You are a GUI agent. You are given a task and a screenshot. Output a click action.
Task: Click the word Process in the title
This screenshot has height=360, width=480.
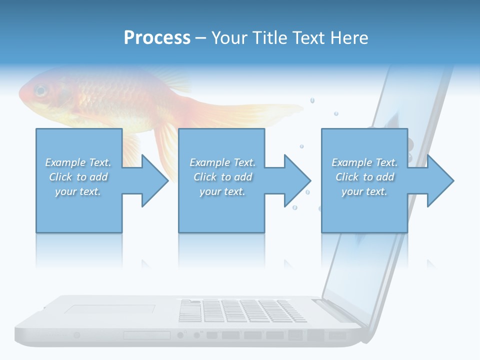(157, 38)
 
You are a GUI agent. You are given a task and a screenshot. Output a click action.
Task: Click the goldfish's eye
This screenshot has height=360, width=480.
(40, 91)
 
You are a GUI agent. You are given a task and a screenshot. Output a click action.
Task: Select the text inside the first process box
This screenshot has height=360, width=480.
(78, 177)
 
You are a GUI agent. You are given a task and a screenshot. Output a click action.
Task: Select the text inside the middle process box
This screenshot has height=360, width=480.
(222, 177)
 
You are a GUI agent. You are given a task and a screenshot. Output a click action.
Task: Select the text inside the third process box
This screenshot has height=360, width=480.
(364, 177)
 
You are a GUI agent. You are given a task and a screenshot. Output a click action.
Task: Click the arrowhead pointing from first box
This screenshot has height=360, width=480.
(154, 180)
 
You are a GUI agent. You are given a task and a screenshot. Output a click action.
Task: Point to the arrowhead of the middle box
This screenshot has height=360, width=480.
(297, 180)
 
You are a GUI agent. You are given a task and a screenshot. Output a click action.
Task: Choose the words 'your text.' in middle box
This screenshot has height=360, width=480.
(222, 191)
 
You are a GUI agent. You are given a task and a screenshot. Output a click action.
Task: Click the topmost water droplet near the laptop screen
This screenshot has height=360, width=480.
(312, 100)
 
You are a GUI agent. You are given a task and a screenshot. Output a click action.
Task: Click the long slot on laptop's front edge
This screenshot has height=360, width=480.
(146, 335)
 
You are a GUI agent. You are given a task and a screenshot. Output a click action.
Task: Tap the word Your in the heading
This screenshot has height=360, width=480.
(229, 38)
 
